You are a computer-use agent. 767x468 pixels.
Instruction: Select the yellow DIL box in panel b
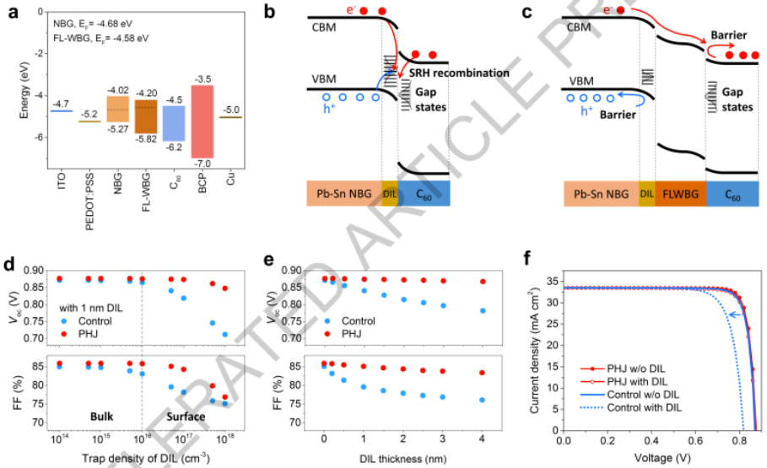[389, 193]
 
